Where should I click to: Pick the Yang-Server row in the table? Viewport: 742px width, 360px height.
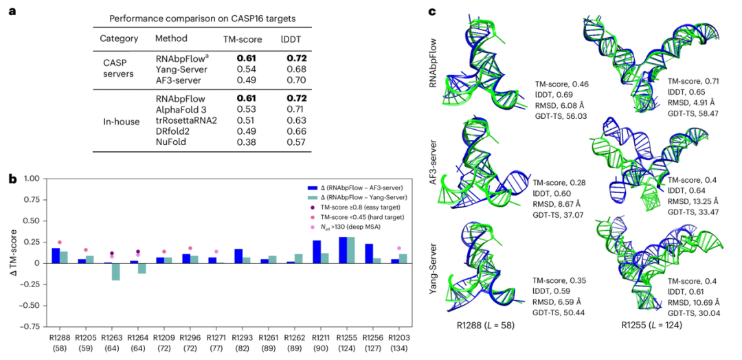(230, 69)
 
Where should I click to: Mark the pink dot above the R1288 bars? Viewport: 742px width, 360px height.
(60, 243)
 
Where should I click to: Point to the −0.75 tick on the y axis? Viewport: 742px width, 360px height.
(31, 326)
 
